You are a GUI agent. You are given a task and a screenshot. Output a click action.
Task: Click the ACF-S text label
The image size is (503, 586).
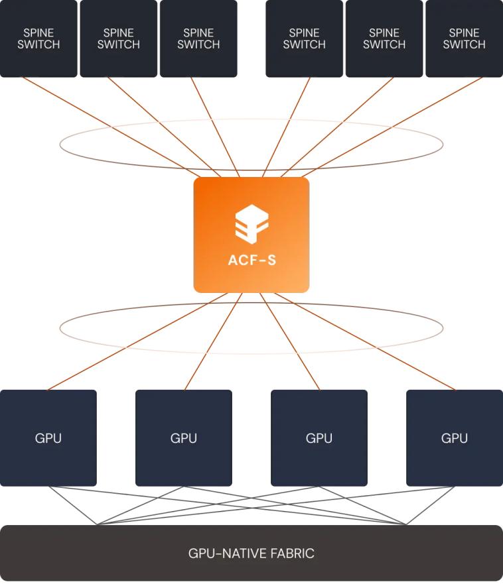coord(251,260)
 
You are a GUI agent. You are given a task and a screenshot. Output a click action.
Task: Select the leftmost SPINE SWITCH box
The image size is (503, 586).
coord(38,38)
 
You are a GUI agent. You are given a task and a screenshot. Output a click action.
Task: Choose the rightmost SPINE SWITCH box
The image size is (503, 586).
coord(464,38)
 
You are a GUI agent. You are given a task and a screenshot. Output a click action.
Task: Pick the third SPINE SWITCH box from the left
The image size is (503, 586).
coord(198,38)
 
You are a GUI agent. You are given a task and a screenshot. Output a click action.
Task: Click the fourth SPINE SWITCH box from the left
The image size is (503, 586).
coord(305,38)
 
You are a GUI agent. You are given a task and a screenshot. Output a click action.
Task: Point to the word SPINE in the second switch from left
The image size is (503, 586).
coord(119,32)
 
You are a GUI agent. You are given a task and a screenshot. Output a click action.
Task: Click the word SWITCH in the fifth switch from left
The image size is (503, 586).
coord(384,45)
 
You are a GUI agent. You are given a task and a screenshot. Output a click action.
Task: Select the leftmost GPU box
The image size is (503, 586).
coord(48,438)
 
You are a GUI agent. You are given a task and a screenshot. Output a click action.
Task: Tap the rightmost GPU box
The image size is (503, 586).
coord(455,438)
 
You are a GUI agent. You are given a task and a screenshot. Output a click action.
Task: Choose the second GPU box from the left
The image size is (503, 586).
coord(184,438)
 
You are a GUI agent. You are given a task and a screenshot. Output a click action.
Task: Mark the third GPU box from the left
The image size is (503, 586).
coord(319,438)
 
